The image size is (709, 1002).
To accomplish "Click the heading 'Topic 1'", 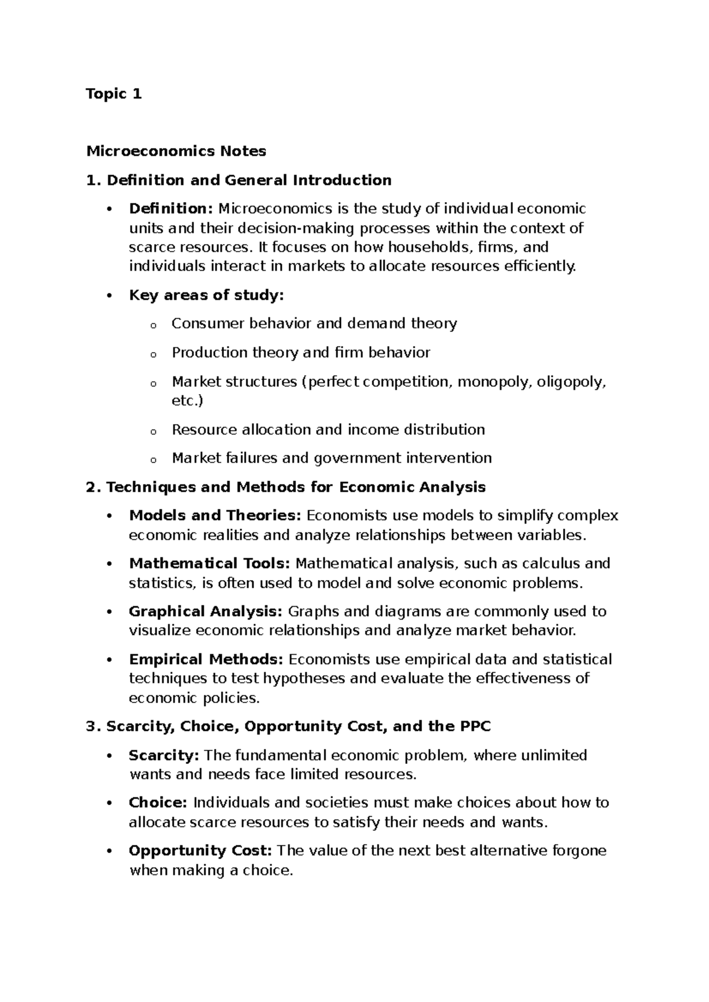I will click(x=113, y=94).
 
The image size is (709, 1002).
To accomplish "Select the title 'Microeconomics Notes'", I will click(x=176, y=151).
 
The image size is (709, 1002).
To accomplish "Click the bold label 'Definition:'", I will click(x=171, y=209).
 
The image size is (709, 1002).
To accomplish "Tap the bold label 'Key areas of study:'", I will click(x=206, y=295).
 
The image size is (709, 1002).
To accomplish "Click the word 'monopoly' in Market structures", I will click(x=495, y=382).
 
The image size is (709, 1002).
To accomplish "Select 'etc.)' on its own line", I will click(x=187, y=401).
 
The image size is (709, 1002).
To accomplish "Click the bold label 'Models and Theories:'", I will click(x=215, y=516).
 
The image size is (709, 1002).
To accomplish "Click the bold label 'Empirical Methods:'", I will click(x=206, y=659).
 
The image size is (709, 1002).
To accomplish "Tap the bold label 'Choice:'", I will click(x=158, y=803).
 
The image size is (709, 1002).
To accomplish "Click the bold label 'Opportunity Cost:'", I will click(x=200, y=851).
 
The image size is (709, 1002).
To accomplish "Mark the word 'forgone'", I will click(x=579, y=851).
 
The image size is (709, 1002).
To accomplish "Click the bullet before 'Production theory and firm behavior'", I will click(x=153, y=354).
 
